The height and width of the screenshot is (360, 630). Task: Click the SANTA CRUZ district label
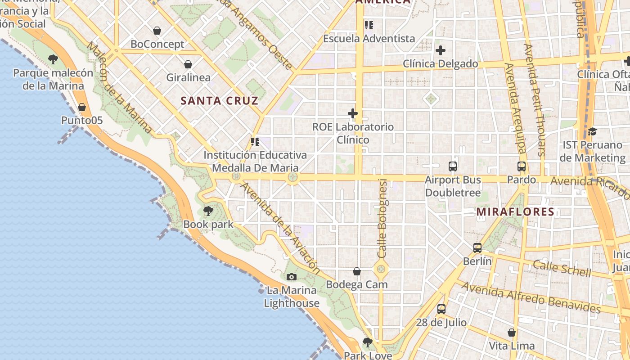tap(220, 100)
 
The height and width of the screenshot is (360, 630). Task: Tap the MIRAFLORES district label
tap(515, 211)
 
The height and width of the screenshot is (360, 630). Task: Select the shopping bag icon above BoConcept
tap(157, 31)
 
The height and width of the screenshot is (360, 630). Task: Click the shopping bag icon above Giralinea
tap(188, 64)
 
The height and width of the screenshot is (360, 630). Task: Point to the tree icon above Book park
tap(208, 211)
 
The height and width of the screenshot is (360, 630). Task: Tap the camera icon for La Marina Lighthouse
tap(292, 277)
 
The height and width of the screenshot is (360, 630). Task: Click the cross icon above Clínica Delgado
tap(440, 50)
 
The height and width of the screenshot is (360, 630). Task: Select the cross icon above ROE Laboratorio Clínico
tap(353, 113)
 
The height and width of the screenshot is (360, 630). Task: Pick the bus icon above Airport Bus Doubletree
tap(453, 166)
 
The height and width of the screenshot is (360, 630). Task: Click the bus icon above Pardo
tap(522, 166)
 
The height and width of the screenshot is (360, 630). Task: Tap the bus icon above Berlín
tap(477, 247)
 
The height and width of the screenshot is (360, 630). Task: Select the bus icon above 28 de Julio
tap(441, 309)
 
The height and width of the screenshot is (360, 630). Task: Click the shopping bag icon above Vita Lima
tap(512, 333)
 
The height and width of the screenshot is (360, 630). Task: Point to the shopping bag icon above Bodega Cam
tap(357, 271)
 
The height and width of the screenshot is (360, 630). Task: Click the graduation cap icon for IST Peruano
tap(592, 131)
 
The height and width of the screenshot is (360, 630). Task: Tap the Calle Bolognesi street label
tap(382, 219)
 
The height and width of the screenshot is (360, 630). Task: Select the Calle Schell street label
tap(562, 268)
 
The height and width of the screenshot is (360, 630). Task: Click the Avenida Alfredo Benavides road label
tap(531, 297)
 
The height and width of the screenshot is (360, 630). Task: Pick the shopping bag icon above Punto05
tap(82, 107)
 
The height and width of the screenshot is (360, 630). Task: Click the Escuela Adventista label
tap(369, 38)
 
